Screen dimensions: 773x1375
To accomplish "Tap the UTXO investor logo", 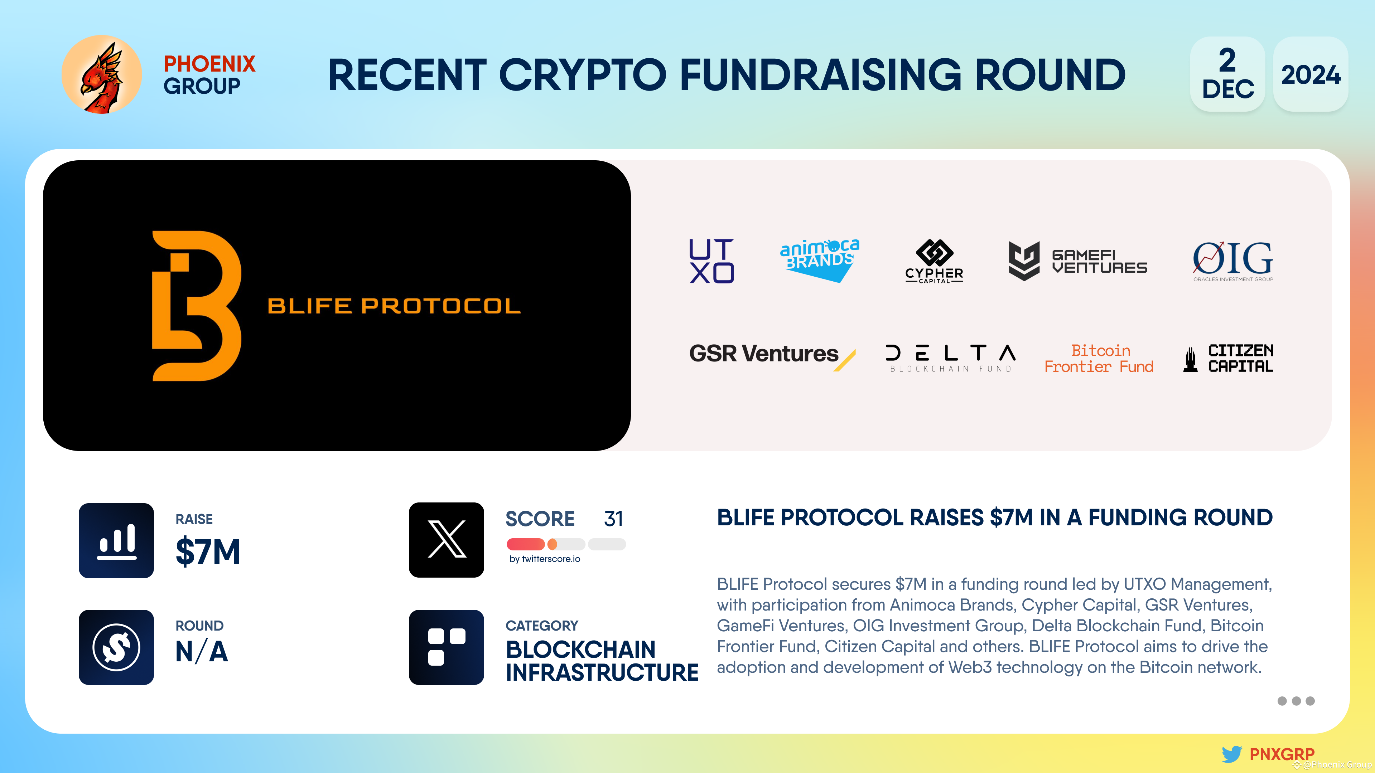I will tap(711, 261).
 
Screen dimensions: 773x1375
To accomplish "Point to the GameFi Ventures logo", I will tap(1077, 261).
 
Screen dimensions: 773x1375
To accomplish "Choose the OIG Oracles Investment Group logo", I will tap(1232, 261).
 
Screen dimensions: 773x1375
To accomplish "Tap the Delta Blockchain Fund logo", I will tap(950, 358).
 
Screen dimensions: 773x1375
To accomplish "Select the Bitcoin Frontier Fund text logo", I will tap(1099, 359).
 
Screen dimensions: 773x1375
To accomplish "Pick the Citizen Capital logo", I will tap(1228, 359).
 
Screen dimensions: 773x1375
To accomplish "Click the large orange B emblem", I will tap(197, 306).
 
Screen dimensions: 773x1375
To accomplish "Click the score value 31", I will tap(613, 519).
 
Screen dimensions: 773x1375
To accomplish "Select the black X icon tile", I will tap(446, 540).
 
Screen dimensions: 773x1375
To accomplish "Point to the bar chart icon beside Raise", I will tap(116, 540).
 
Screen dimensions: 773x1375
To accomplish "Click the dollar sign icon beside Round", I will tap(116, 647).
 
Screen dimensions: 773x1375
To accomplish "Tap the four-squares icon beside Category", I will tap(446, 647).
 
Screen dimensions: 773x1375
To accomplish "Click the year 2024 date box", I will tap(1311, 74).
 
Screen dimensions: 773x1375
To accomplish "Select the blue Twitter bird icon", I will tap(1231, 754).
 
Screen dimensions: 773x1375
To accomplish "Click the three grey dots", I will tap(1296, 701).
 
